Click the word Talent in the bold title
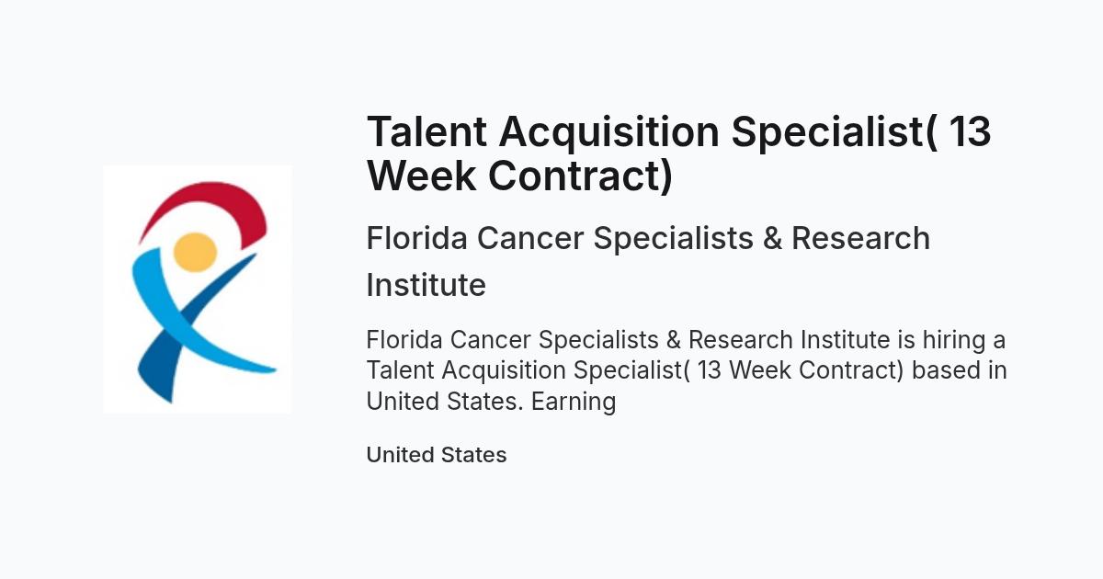pyautogui.click(x=426, y=131)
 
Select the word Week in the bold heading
pyautogui.click(x=422, y=176)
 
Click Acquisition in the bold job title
pyautogui.click(x=609, y=133)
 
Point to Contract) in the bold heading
pyautogui.click(x=581, y=176)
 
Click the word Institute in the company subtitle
pyautogui.click(x=426, y=285)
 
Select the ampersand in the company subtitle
pyautogui.click(x=772, y=238)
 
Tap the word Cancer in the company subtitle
pyautogui.click(x=530, y=238)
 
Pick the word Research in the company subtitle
pyautogui.click(x=860, y=238)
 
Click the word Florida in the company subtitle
pyautogui.click(x=416, y=238)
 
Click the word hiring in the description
pyautogui.click(x=954, y=341)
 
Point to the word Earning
pyautogui.click(x=574, y=402)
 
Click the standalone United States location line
pyautogui.click(x=437, y=455)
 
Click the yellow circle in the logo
pyautogui.click(x=196, y=252)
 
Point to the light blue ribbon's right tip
pyautogui.click(x=275, y=369)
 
